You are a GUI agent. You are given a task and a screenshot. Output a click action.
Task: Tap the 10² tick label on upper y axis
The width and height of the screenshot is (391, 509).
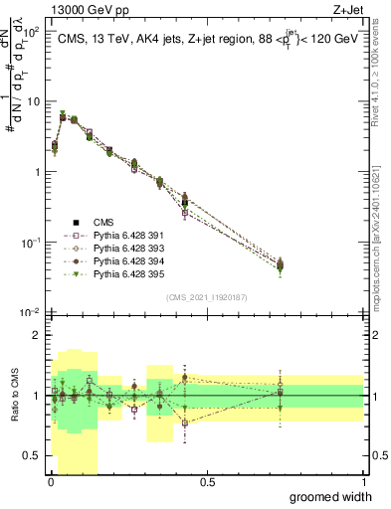point(33,31)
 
